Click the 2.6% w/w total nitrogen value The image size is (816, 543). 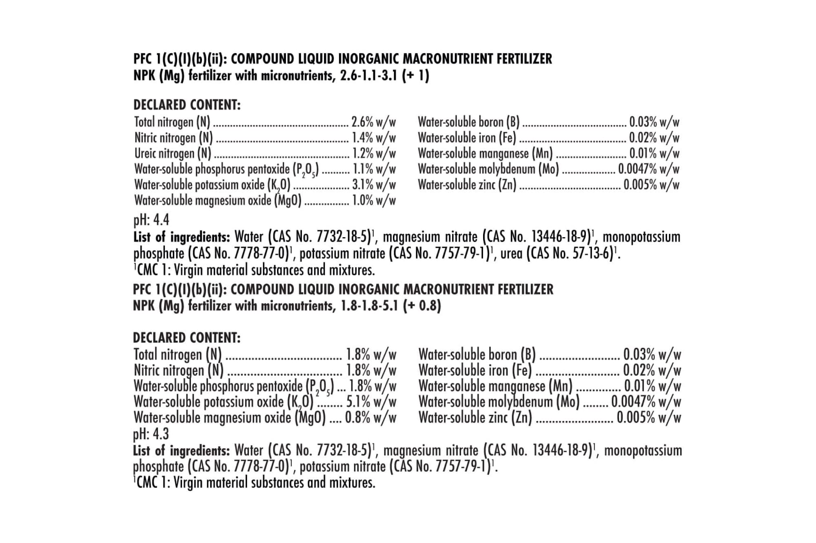(374, 122)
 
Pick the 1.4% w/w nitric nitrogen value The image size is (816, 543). (374, 138)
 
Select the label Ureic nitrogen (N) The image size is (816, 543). (173, 154)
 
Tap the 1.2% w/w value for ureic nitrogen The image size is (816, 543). (374, 154)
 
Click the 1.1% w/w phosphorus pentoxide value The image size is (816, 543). (374, 169)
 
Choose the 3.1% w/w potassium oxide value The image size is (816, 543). (374, 185)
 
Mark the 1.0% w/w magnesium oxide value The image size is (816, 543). (374, 200)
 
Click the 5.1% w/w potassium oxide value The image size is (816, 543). (371, 402)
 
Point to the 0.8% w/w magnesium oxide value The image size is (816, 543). (370, 418)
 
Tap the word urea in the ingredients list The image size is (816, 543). (511, 254)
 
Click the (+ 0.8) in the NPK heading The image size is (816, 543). (422, 306)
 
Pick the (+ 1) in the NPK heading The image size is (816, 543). (415, 76)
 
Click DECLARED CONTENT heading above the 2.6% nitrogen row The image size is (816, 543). (187, 105)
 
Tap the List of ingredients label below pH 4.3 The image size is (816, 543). (182, 451)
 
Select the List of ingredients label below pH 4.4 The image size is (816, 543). (182, 237)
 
